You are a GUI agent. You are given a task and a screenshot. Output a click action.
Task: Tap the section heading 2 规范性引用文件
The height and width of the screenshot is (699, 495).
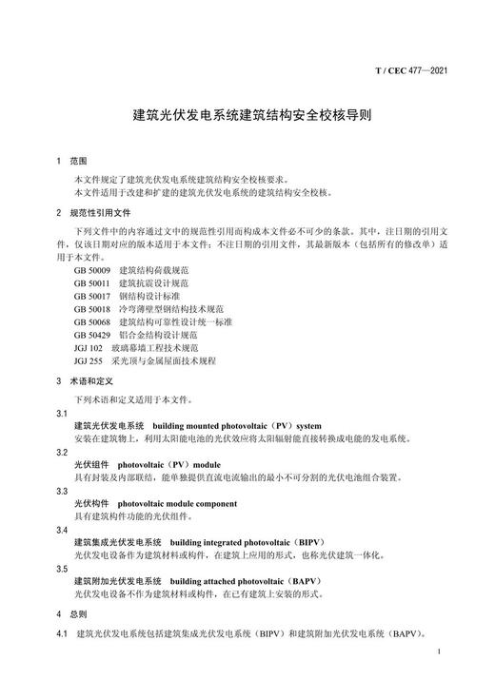pos(93,212)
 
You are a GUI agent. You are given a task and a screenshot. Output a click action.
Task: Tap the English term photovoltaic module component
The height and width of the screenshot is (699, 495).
pos(177,503)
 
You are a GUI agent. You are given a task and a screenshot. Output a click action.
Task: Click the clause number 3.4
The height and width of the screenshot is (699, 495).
pos(62,529)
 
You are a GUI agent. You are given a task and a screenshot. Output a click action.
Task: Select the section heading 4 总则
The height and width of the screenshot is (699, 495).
pos(71,613)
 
